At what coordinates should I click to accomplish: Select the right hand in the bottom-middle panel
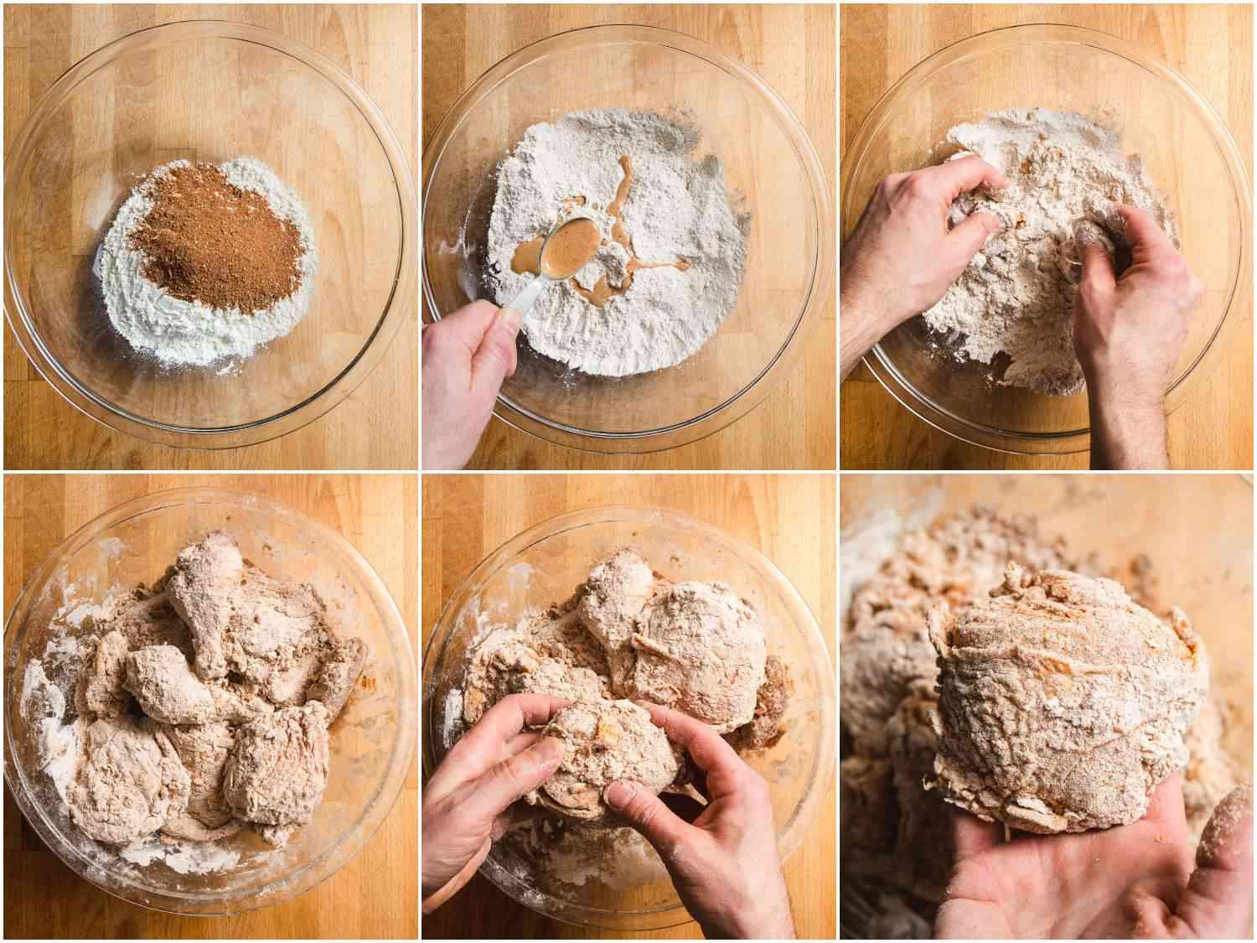click(721, 830)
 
